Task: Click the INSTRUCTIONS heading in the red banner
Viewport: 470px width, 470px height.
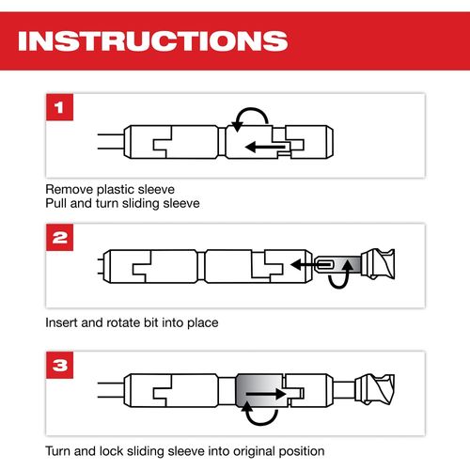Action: [x=153, y=40]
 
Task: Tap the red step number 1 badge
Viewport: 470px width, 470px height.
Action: [x=59, y=107]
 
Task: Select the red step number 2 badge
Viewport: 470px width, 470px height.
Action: [x=59, y=237]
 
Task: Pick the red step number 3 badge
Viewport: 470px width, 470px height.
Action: [x=59, y=365]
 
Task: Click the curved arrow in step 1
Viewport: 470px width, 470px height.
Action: [x=252, y=109]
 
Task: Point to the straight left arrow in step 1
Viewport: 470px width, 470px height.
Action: [x=265, y=147]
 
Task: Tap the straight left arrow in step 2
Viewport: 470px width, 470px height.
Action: [x=310, y=265]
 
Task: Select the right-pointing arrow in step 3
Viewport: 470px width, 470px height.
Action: [x=266, y=394]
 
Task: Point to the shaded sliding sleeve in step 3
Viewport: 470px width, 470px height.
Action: [x=259, y=390]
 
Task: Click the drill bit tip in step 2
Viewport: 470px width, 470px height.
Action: [x=378, y=264]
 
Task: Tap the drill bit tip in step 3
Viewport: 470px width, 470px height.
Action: [x=375, y=389]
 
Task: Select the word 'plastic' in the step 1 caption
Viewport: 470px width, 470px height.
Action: [x=116, y=190]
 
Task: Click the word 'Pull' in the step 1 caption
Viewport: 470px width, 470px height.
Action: [x=56, y=203]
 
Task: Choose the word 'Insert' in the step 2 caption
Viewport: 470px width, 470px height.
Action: [x=61, y=322]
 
